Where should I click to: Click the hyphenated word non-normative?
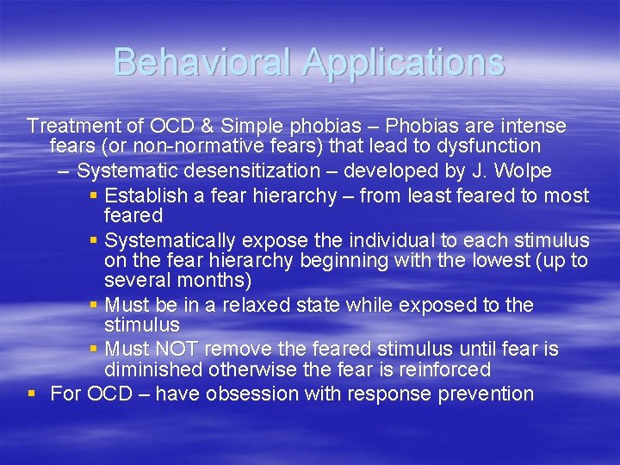[x=178, y=146]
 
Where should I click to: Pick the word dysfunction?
[x=490, y=146]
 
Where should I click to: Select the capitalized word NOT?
[x=177, y=350]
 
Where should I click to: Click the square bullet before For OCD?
[x=32, y=394]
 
